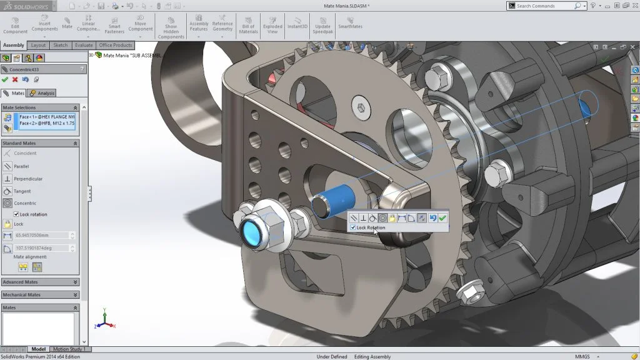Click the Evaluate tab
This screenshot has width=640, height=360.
click(x=83, y=45)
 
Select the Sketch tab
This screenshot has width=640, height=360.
click(x=61, y=45)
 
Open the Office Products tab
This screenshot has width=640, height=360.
click(x=115, y=45)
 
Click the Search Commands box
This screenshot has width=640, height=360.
click(x=544, y=6)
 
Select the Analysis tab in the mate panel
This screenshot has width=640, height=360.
click(x=42, y=93)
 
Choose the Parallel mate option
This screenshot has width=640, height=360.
click(x=21, y=166)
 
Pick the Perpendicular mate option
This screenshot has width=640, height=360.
click(x=27, y=179)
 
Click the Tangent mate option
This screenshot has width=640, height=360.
click(x=22, y=191)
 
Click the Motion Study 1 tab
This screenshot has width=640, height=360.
click(x=69, y=349)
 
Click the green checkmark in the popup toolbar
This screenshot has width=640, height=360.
click(x=442, y=218)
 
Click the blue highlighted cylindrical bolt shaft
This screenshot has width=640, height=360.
click(x=338, y=199)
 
